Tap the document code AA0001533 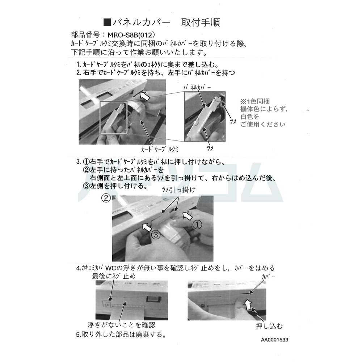pyautogui.click(x=275, y=340)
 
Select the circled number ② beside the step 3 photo pyautogui.click(x=105, y=198)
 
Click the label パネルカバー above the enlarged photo pyautogui.click(x=198, y=87)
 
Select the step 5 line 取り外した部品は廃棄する pyautogui.click(x=121, y=334)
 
